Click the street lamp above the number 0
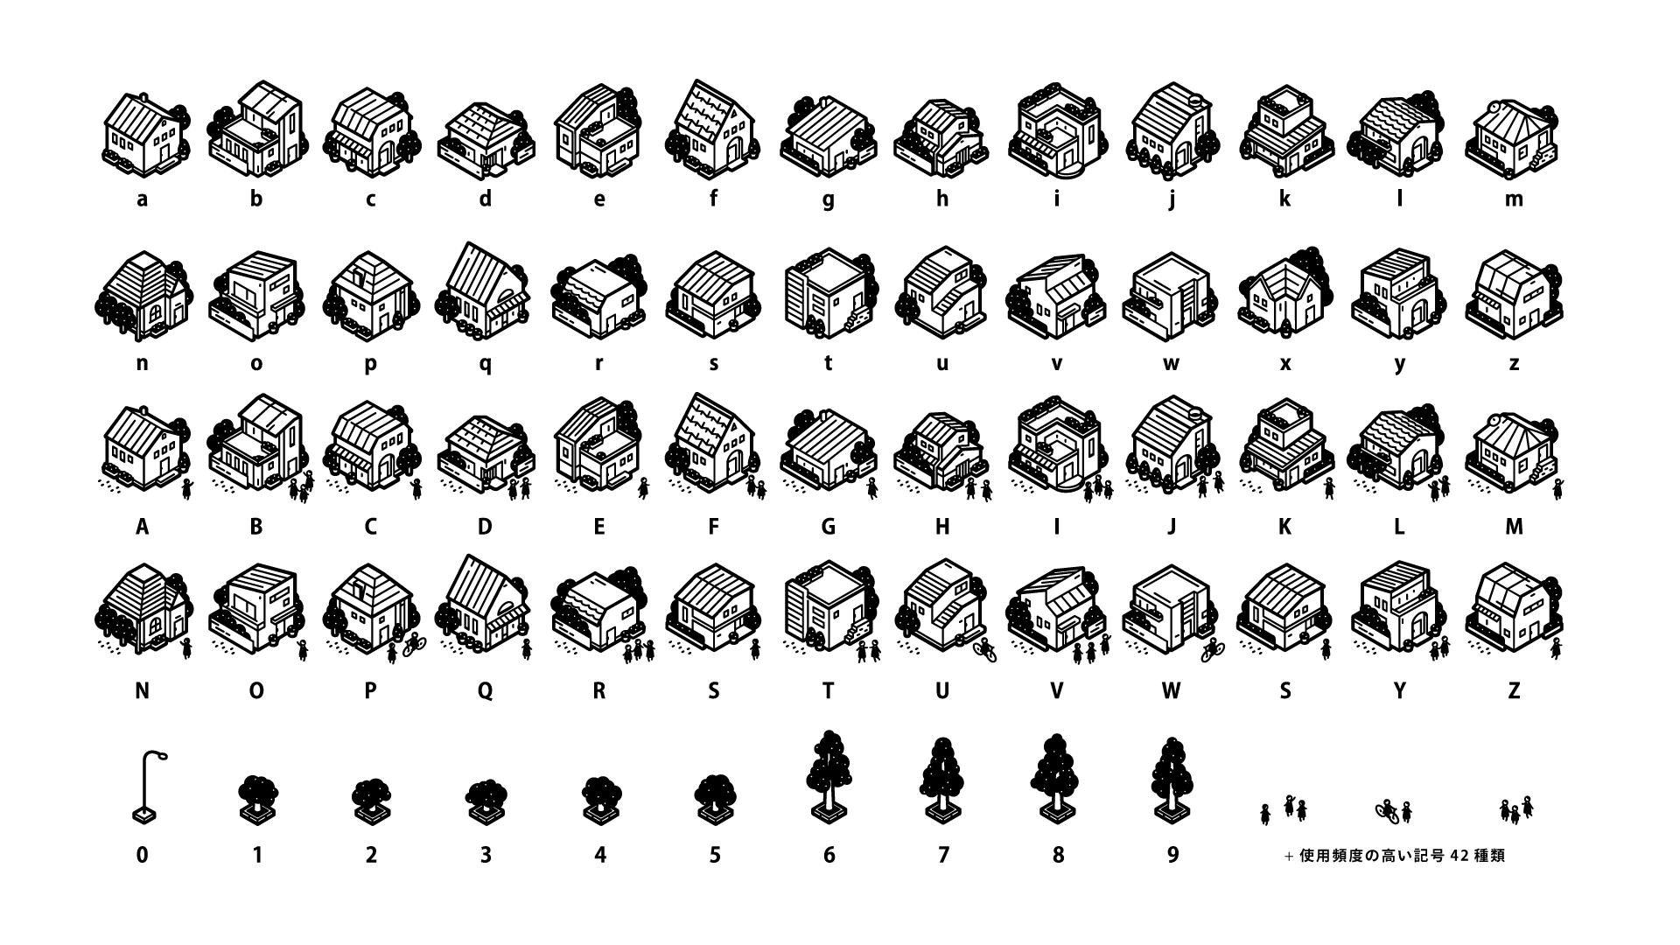(144, 787)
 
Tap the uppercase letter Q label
(485, 691)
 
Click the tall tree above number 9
(1172, 780)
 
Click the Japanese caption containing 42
(1395, 856)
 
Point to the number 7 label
(943, 855)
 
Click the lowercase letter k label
(1284, 199)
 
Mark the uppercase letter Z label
(1514, 691)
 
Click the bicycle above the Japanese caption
(1387, 808)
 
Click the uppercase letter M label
(1514, 527)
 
